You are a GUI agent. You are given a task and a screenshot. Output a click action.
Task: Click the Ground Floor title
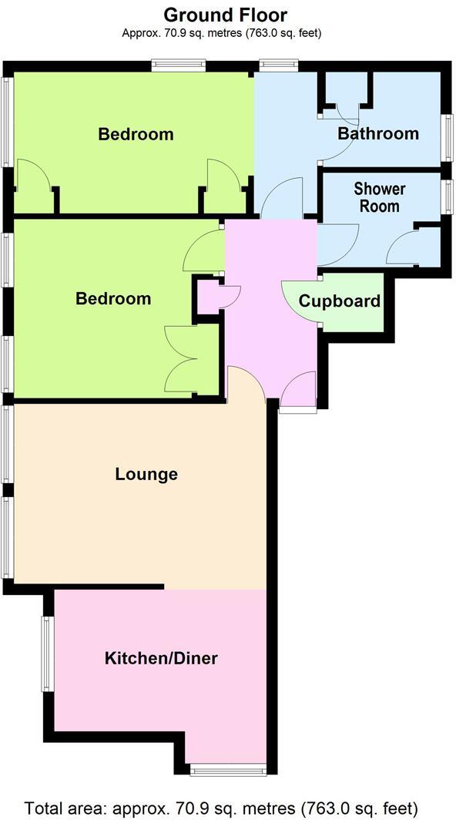pos(226,15)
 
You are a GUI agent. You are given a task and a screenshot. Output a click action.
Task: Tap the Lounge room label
pos(146,474)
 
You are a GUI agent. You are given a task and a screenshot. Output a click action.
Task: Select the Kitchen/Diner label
pos(161,658)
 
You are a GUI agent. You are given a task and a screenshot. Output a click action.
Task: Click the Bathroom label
pos(378,133)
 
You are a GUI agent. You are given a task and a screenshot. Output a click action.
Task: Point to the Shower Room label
pos(379,197)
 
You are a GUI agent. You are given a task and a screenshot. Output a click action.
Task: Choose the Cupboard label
pos(340,301)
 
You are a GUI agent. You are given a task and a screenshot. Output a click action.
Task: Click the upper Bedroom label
pos(136,134)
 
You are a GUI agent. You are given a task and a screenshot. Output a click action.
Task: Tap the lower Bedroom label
pos(113,298)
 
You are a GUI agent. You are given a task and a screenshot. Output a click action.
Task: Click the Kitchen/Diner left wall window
pos(46,654)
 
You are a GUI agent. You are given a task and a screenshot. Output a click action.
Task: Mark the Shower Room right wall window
pos(445,196)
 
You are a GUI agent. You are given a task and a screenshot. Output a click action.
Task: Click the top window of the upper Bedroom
pos(178,66)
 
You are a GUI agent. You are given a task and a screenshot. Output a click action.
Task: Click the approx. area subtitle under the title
pos(221,32)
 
